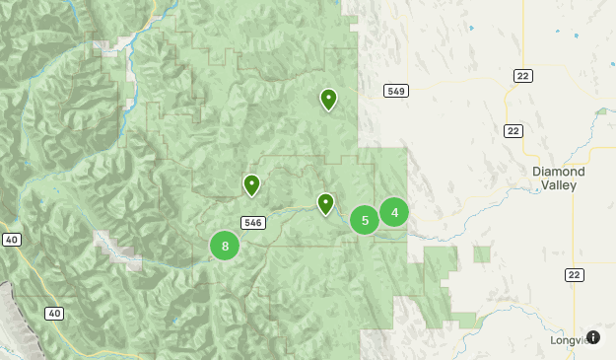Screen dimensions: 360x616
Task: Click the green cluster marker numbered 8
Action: click(225, 246)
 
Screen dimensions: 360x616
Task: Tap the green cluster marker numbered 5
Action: click(365, 220)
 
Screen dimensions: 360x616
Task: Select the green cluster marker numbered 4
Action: click(394, 211)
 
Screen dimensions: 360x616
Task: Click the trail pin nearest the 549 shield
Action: click(328, 99)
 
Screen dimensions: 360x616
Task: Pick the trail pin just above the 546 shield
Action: click(251, 184)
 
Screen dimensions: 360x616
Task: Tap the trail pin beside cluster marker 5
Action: click(325, 203)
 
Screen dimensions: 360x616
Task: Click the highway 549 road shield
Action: click(396, 91)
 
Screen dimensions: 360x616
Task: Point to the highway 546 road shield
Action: click(252, 223)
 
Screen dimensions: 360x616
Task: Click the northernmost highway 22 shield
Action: click(522, 76)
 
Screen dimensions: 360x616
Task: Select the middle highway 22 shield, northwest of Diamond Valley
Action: click(513, 131)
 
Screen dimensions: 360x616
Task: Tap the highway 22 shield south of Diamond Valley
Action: click(574, 274)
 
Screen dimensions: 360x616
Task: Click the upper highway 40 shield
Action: click(12, 240)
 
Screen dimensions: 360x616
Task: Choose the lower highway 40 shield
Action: click(53, 314)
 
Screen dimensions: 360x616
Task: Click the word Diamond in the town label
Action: click(559, 172)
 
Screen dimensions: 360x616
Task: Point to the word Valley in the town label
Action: click(559, 185)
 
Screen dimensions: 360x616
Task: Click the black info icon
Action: click(593, 337)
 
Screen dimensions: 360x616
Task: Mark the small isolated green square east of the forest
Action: click(482, 254)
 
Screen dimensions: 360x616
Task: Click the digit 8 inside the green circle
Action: click(225, 246)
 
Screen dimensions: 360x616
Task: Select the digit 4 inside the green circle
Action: click(394, 211)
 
